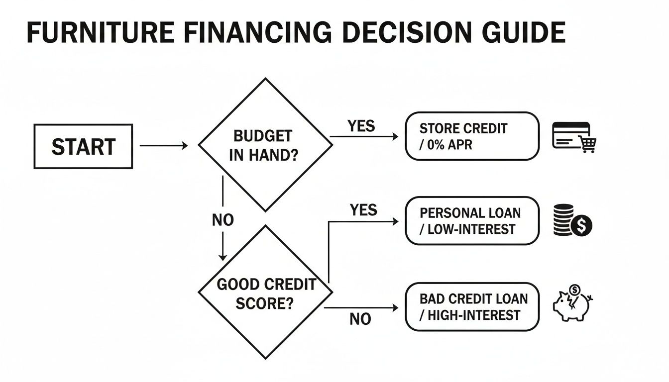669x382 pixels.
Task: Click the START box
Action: coord(83,146)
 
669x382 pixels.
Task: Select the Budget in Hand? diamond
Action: coord(265,145)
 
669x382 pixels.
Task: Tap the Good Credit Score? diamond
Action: coord(265,292)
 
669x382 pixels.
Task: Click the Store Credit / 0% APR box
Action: coord(471,136)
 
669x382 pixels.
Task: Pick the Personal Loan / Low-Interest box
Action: coord(471,220)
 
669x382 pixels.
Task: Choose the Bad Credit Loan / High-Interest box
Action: coord(471,306)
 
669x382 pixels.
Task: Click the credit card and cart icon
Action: coord(574,137)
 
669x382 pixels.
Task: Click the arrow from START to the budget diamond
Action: coord(164,146)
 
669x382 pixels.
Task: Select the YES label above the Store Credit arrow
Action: coord(361,126)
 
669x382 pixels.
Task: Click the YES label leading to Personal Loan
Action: coord(363,210)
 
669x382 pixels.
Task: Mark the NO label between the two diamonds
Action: coord(223,220)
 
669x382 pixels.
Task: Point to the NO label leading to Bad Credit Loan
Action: coord(360,319)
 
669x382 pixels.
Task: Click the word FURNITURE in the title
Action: coord(99,33)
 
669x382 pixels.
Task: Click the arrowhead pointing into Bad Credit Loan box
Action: coord(395,308)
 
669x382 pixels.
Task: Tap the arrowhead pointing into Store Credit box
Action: coord(395,136)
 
